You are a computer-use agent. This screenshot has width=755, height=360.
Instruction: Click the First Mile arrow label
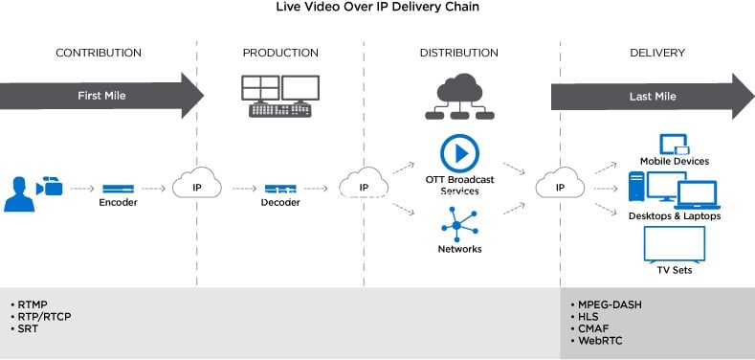(x=101, y=96)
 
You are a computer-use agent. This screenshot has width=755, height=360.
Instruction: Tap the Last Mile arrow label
(x=653, y=97)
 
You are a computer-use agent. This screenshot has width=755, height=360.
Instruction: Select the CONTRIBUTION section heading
(x=99, y=53)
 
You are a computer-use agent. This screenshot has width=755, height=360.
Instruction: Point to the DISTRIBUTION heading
(x=459, y=53)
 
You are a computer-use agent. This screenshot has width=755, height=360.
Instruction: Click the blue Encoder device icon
(x=118, y=189)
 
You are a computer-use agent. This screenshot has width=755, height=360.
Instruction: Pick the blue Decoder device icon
(x=280, y=189)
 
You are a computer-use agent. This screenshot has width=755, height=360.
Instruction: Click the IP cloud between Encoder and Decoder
(x=197, y=183)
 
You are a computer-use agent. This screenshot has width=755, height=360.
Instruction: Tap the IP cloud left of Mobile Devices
(x=560, y=183)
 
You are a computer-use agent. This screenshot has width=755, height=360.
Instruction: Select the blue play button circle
(x=460, y=153)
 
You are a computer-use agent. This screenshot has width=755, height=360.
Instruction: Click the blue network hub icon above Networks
(x=459, y=225)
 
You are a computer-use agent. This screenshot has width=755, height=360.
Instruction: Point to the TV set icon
(x=674, y=245)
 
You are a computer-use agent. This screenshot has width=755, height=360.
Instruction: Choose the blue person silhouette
(x=19, y=194)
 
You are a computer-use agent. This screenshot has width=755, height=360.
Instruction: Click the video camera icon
(x=49, y=186)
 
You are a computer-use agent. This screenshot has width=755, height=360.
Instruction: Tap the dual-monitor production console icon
(x=279, y=97)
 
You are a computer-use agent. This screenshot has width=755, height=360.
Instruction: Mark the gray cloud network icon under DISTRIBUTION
(x=459, y=97)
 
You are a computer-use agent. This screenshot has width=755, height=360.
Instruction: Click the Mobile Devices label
(x=675, y=161)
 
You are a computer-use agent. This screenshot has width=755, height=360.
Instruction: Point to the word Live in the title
(x=285, y=8)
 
